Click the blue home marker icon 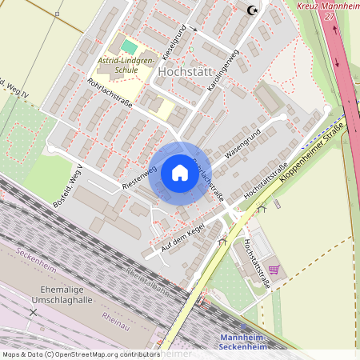pos(179,173)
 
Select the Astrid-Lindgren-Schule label pos(125,64)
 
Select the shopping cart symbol pos(274,270)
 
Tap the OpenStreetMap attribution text pos(80,354)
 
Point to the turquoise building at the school pos(129,47)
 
